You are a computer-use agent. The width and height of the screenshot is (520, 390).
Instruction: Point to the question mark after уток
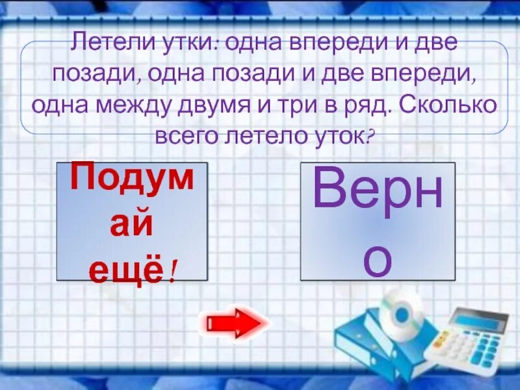(x=371, y=135)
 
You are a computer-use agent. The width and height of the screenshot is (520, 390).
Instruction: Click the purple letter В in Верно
(x=328, y=188)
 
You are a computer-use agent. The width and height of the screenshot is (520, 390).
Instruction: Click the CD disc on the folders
(x=401, y=312)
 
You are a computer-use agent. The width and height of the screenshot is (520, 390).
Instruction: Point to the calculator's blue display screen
(x=479, y=320)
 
